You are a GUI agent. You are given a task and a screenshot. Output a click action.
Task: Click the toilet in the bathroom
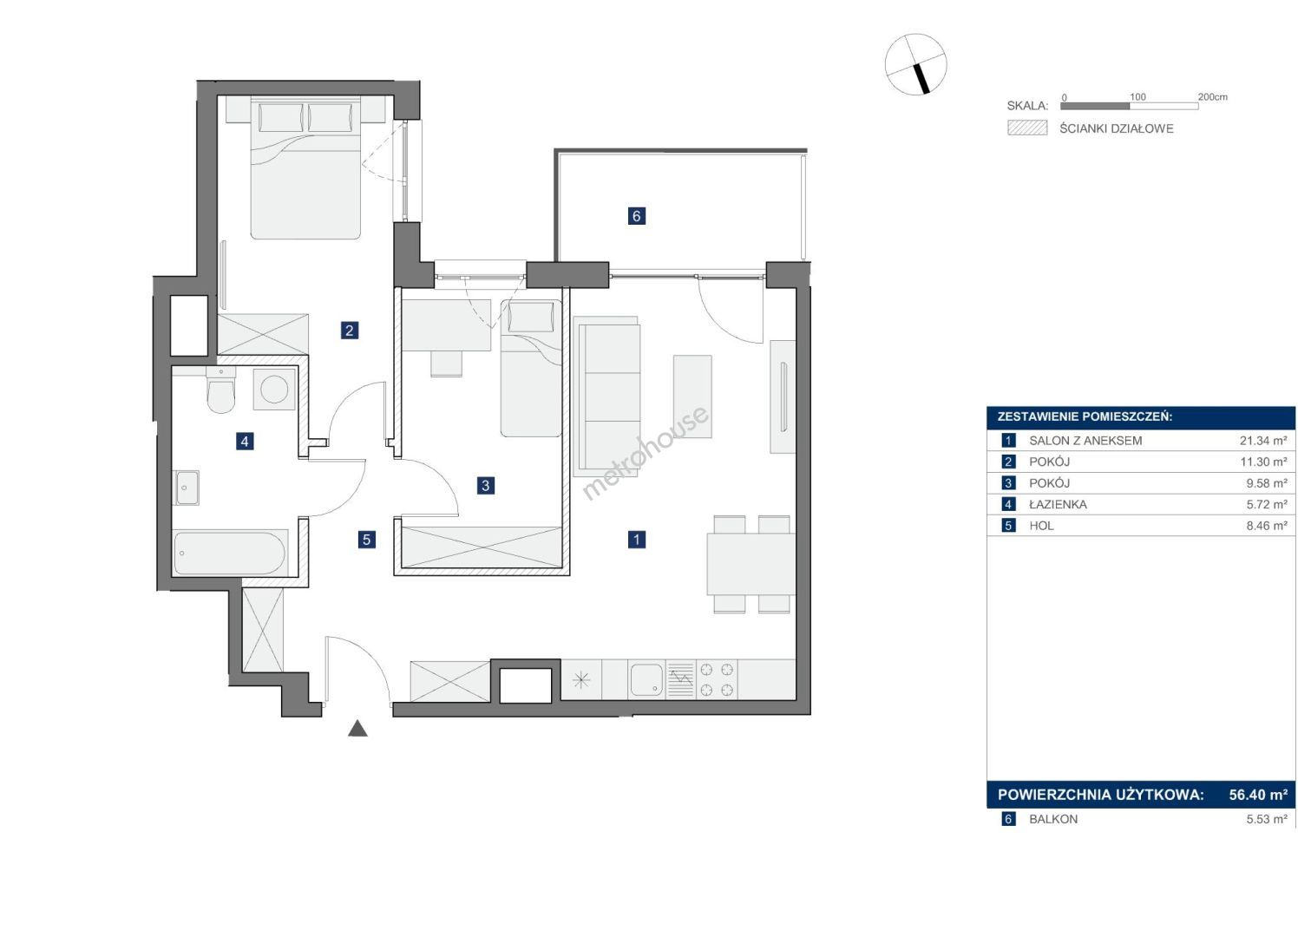(x=220, y=390)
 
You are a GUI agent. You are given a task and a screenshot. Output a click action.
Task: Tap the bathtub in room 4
(x=230, y=553)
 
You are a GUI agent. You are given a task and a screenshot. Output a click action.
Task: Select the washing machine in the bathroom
(x=274, y=389)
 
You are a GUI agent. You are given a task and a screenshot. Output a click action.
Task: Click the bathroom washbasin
(x=187, y=488)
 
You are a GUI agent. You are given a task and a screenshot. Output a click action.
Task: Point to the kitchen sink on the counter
(x=646, y=679)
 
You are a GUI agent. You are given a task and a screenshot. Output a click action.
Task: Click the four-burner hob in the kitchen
(x=717, y=679)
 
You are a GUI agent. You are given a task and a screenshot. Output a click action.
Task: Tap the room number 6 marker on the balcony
(x=636, y=216)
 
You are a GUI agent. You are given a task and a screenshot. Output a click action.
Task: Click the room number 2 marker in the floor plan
(x=349, y=331)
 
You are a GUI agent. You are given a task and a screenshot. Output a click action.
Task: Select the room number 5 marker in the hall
(x=366, y=540)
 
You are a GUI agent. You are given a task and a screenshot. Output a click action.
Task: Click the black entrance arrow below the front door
(x=357, y=729)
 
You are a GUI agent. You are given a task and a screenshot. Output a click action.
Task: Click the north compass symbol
(x=915, y=63)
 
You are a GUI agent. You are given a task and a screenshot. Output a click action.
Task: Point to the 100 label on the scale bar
(x=1137, y=97)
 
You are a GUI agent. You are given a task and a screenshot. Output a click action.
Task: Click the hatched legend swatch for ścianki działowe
(x=1027, y=128)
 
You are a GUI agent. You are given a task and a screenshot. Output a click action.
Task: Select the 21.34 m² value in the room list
(x=1263, y=441)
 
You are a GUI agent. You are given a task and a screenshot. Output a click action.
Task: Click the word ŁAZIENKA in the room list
(x=1058, y=505)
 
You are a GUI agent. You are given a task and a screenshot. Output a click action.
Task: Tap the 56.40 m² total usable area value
(x=1258, y=795)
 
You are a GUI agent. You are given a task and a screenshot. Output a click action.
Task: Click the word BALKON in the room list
(x=1053, y=819)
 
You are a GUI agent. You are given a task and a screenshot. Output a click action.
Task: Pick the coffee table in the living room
(x=692, y=397)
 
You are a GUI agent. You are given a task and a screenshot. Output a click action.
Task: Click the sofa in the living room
(x=606, y=396)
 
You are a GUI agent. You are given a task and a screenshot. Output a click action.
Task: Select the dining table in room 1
(x=751, y=564)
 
